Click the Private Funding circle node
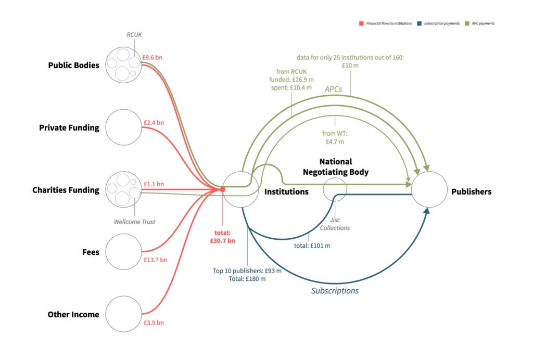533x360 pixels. coord(123,127)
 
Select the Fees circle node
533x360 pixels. coord(123,252)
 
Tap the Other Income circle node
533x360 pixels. coord(123,314)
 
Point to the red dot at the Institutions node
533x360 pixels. coord(222,189)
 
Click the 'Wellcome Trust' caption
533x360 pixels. coord(134,222)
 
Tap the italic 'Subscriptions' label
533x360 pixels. coord(335,291)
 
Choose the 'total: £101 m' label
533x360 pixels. coord(312,245)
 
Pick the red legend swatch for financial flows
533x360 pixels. coord(360,23)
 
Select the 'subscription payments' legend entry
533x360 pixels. coord(440,23)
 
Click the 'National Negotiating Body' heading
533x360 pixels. coord(335,166)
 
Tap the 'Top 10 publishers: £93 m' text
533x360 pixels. coord(247,271)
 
